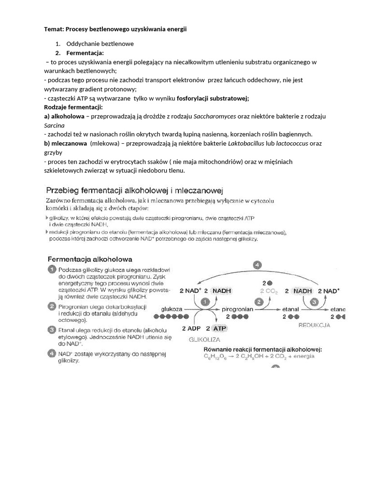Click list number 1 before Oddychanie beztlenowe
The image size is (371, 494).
coord(57,44)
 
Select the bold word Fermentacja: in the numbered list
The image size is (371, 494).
coord(85,53)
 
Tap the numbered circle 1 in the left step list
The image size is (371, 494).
coord(51,270)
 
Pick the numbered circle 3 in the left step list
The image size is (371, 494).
coord(51,329)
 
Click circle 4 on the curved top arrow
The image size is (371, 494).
coord(258,265)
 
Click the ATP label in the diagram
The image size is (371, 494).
coord(220,328)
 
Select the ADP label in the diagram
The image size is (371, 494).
coord(190,328)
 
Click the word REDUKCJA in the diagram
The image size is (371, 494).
coord(315,325)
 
